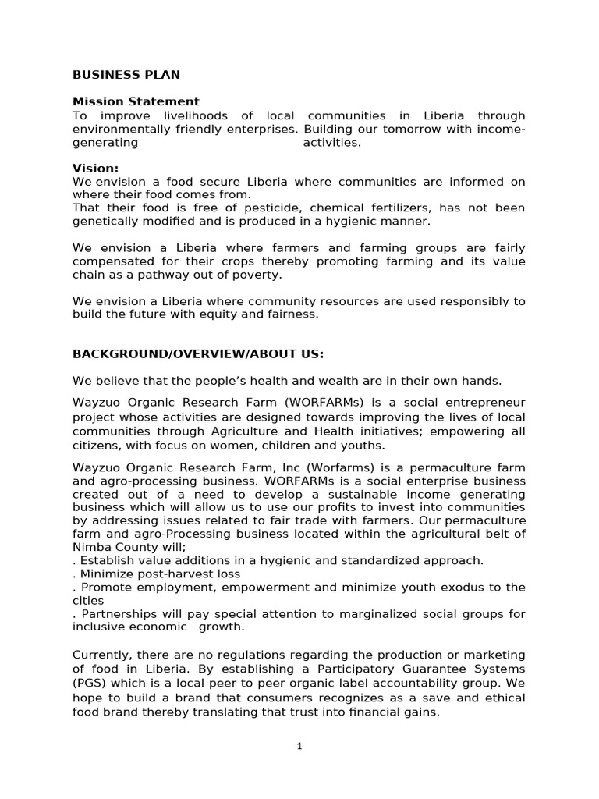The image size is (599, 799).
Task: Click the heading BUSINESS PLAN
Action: click(126, 75)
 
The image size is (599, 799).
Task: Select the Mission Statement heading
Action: click(136, 101)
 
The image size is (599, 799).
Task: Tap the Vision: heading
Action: click(96, 168)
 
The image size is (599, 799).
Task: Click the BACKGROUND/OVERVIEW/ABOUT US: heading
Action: click(198, 354)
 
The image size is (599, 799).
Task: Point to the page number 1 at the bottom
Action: click(299, 746)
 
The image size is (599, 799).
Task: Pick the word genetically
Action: click(104, 221)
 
